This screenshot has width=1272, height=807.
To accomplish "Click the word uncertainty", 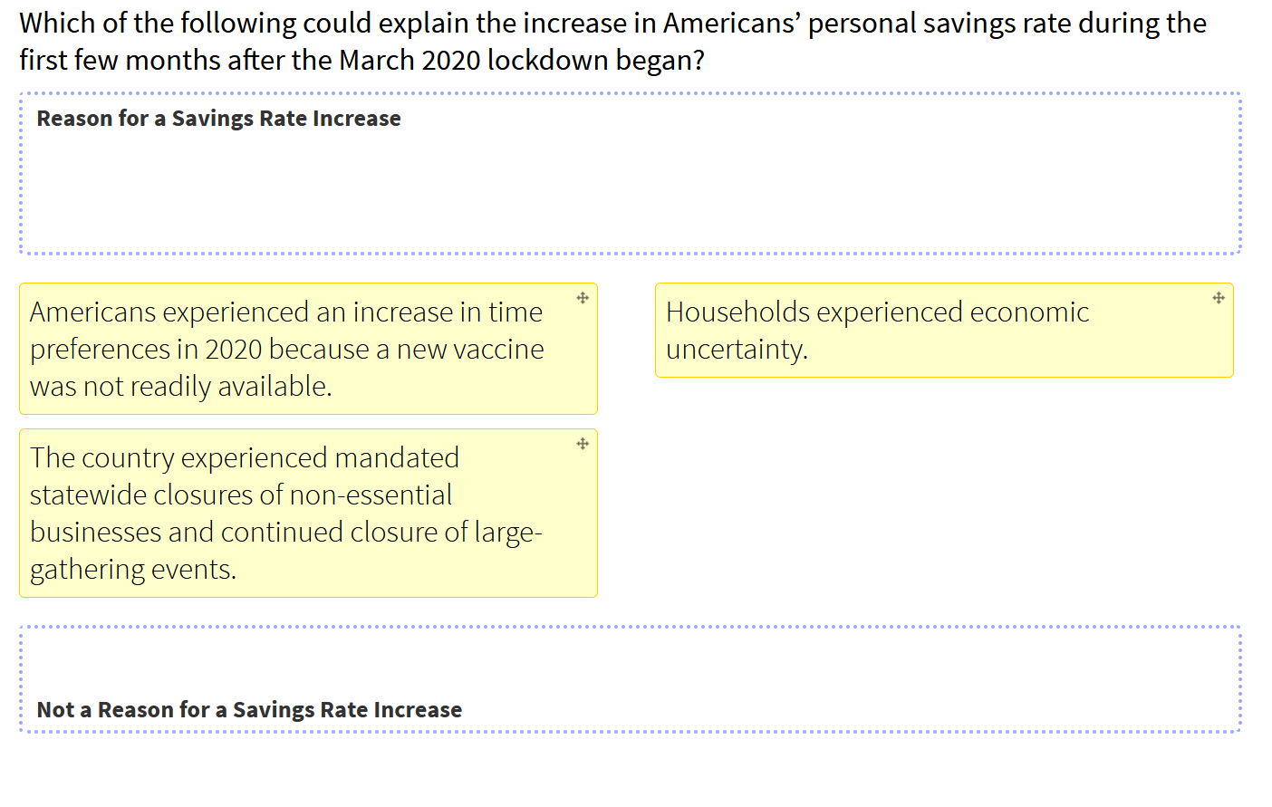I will pyautogui.click(x=737, y=350).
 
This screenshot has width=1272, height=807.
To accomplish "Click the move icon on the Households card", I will pyautogui.click(x=1219, y=298).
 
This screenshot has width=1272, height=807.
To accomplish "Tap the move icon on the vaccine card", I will pyautogui.click(x=583, y=298).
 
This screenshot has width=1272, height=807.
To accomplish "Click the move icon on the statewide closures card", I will pyautogui.click(x=583, y=444).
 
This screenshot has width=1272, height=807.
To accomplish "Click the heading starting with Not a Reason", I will pyautogui.click(x=249, y=710).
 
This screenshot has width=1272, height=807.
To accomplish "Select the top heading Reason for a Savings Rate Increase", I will pyautogui.click(x=218, y=119).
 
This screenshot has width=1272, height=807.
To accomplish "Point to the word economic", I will pyautogui.click(x=1029, y=312).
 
